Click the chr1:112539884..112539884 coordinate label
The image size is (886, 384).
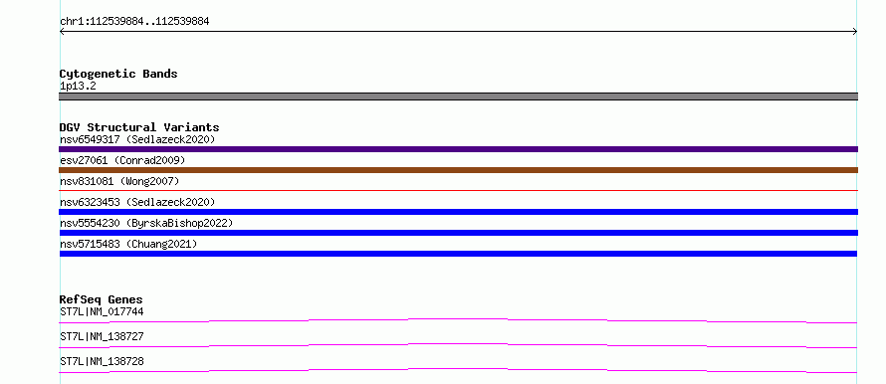click(134, 22)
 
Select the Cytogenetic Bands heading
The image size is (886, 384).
click(118, 74)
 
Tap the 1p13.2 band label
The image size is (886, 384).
click(78, 86)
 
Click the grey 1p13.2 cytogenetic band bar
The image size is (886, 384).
click(458, 96)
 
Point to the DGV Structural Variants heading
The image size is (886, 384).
click(139, 127)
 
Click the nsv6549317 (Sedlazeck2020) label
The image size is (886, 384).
click(137, 139)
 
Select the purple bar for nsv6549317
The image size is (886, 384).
click(458, 149)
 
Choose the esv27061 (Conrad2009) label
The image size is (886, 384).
click(122, 160)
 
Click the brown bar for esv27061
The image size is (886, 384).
click(458, 170)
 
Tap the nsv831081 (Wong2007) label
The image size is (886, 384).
click(119, 181)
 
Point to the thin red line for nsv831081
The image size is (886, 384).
click(458, 191)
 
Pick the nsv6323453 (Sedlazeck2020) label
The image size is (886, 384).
click(137, 202)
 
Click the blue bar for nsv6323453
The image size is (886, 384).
click(458, 212)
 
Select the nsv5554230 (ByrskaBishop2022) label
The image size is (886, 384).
click(146, 223)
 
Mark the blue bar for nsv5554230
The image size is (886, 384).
click(458, 233)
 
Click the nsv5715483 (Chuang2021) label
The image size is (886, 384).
click(128, 244)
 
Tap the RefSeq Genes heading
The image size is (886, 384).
click(102, 299)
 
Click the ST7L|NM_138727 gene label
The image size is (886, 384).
click(102, 336)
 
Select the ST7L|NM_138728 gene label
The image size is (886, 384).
click(102, 361)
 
